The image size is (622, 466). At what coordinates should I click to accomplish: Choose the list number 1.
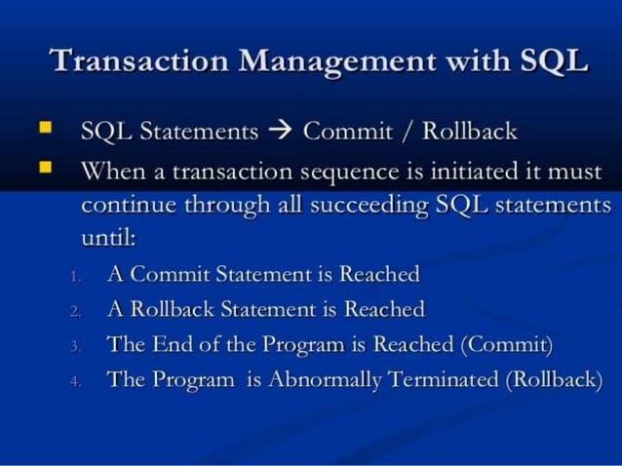pyautogui.click(x=75, y=277)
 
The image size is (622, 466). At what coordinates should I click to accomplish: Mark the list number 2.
pyautogui.click(x=75, y=312)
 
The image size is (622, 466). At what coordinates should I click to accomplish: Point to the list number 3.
pyautogui.click(x=75, y=346)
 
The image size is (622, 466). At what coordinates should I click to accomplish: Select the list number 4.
pyautogui.click(x=75, y=381)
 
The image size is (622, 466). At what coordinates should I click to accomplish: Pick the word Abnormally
pyautogui.click(x=325, y=380)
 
